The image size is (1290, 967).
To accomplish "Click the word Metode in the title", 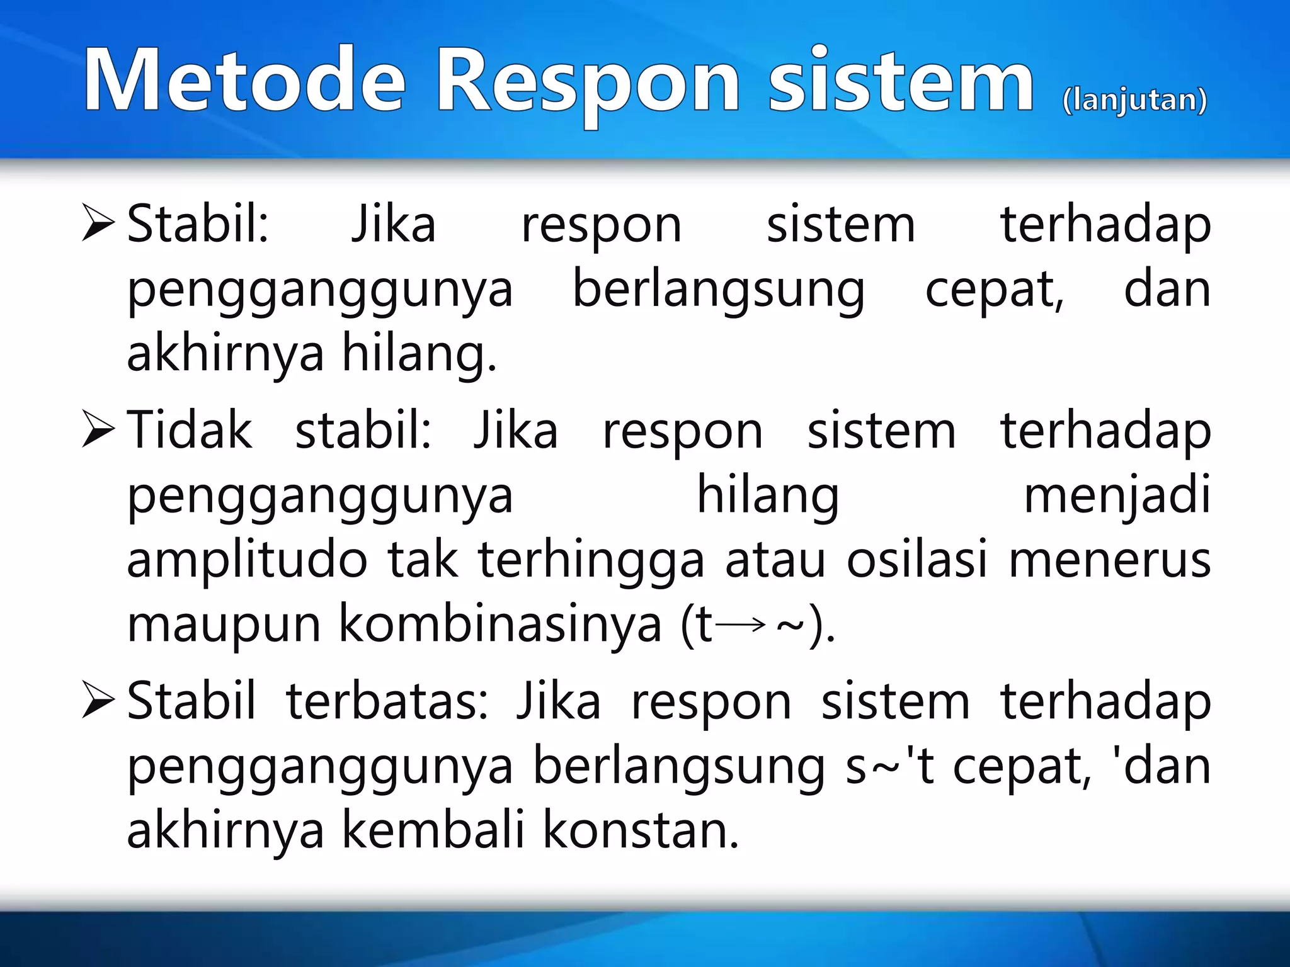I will point(244,81).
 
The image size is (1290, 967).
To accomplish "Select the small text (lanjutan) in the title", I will point(1134,101).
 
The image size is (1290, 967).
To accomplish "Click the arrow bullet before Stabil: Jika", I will point(98,225).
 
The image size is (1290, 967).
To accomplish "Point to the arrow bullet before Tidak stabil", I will point(98,431).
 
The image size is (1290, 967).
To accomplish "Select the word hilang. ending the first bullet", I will point(418,354).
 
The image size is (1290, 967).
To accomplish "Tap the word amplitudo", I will point(247,560).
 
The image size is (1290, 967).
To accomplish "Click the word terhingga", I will point(591,560).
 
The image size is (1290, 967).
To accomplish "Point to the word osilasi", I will point(916,560).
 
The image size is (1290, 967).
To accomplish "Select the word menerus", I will point(1110,560).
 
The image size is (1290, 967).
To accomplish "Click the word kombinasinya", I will point(500,625).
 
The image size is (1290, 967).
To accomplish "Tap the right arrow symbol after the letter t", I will point(741,625).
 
